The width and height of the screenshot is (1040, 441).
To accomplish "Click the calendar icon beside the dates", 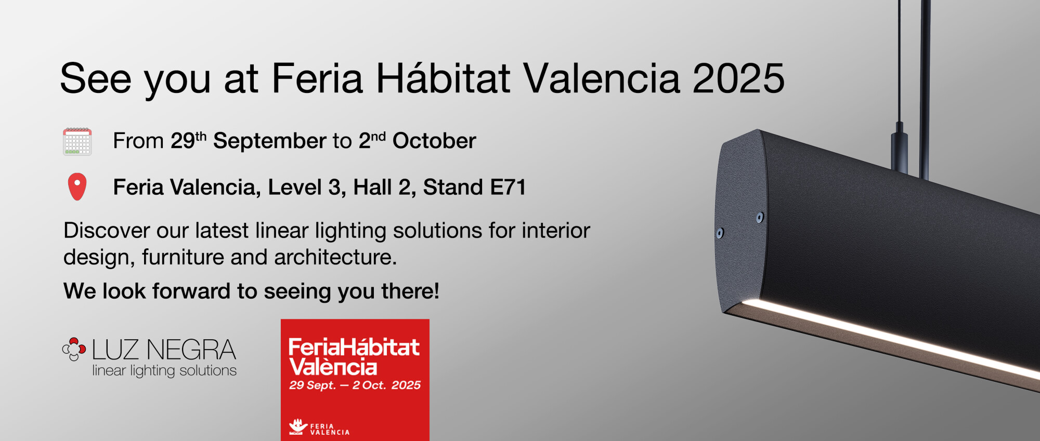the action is coord(77,141).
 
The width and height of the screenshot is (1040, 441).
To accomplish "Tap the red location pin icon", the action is coord(77,186).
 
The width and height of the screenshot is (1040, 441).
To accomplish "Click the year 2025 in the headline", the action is coord(738,78).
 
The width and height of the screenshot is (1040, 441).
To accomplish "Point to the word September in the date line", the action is coord(270,141).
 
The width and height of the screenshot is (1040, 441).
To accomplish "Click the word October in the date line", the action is coord(434,141).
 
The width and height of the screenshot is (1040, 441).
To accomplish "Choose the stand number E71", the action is coord(508,187).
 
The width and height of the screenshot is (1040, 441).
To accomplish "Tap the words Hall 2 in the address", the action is coord(381,187).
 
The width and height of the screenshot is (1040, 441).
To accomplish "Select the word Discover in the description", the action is coord(107,231).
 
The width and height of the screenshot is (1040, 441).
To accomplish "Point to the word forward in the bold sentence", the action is coord(191,291).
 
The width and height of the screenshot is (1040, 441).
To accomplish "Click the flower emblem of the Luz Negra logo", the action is coord(74,349).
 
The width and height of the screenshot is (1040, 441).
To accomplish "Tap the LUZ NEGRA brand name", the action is coord(164,350).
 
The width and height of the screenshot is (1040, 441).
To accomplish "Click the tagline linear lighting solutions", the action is coord(164,371).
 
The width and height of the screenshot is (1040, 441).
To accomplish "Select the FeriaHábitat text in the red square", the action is coord(354,347).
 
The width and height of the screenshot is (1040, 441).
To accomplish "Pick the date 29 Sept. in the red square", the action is coord(313,385).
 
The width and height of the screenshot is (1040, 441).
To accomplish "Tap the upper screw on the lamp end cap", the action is coord(760,217).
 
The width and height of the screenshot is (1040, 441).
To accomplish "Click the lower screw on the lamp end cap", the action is coord(720,233).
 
